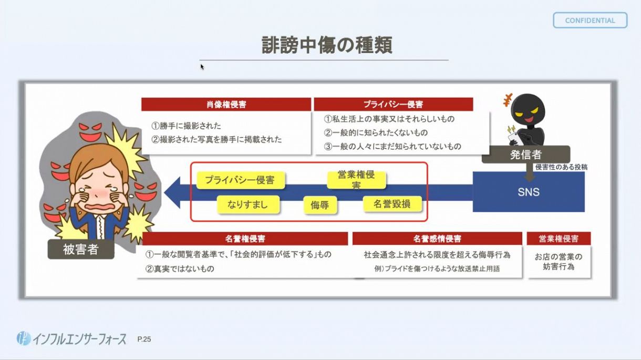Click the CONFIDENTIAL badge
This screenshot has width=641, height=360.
pos(590,20)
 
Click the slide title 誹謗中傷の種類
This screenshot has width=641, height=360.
pos(327,45)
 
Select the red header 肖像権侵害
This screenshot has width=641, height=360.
pos(226,105)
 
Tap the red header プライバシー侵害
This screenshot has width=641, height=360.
pos(394,105)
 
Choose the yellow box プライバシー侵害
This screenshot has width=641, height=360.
pos(241,180)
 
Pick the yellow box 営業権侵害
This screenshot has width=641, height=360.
pos(356,180)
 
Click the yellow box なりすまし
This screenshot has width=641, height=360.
pos(248,204)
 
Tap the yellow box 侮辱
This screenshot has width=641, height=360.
pos(320,205)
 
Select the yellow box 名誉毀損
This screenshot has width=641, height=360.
pos(392,204)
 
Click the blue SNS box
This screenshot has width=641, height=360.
pos(529,192)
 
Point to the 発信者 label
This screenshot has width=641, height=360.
pos(526,155)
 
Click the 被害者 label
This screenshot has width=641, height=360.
pos(81,249)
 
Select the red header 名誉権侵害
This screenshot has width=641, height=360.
pos(245,239)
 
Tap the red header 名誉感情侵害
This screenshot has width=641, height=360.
pos(437,239)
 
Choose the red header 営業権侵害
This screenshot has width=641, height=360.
pos(559,239)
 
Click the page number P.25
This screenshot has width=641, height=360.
pos(144,340)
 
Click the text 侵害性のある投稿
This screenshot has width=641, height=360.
pos(561,167)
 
